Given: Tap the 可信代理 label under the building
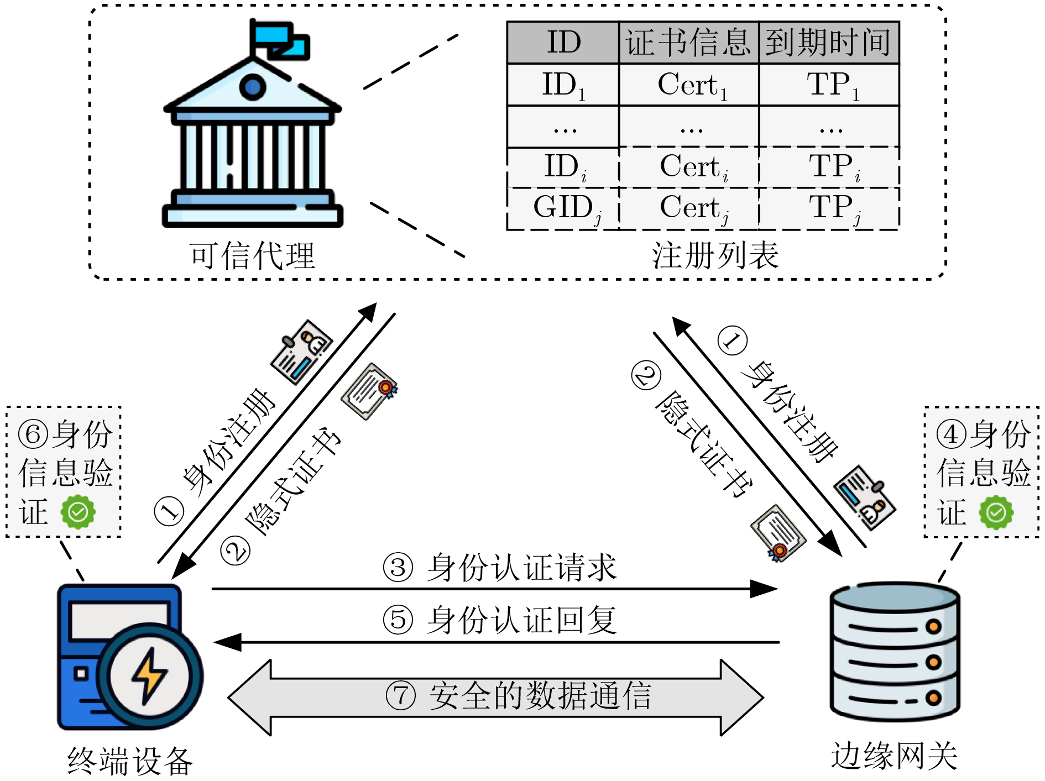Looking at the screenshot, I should tap(252, 256).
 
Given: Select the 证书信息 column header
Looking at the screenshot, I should tap(688, 43).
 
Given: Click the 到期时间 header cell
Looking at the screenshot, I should tap(828, 43).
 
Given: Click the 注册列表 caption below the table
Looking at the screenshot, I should tap(715, 255).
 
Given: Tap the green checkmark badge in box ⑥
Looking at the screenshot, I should tap(78, 512).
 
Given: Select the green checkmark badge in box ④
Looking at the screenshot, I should tap(996, 512).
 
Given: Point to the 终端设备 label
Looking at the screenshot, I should tap(130, 761).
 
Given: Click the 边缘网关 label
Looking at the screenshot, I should tap(894, 756).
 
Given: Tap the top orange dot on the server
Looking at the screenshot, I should tap(933, 626).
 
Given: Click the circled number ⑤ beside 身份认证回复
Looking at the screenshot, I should tap(398, 620).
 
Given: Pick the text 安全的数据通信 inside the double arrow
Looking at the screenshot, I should tap(540, 696).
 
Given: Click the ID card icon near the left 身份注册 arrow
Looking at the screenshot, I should tap(301, 352).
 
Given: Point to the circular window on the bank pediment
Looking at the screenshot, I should tap(253, 87).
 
